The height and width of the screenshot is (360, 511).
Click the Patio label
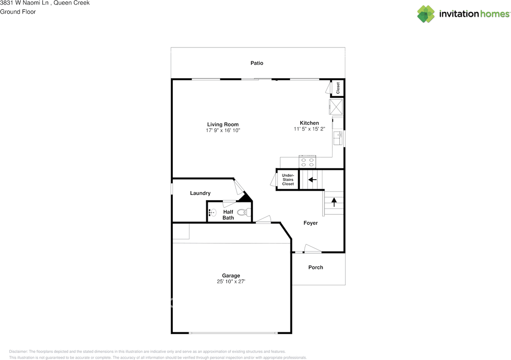click(257, 63)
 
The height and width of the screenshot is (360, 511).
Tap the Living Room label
click(223, 125)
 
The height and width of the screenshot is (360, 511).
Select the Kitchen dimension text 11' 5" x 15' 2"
click(309, 129)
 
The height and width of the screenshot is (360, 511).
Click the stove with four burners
click(307, 162)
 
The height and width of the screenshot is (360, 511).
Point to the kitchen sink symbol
click(338, 138)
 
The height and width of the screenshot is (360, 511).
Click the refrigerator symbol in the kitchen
click(336, 107)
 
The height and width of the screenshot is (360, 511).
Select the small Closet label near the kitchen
click(338, 88)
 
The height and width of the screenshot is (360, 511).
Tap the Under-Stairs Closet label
click(288, 180)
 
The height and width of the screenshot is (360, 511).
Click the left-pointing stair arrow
click(312, 180)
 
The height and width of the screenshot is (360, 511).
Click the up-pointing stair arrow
click(334, 202)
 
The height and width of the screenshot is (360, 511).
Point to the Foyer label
click(311, 223)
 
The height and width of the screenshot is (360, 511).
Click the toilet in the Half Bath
click(243, 212)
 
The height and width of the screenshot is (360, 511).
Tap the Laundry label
click(200, 193)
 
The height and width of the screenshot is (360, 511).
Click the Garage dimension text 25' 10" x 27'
click(231, 281)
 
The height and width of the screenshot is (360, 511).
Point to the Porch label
click(315, 267)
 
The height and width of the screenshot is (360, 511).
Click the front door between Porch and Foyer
click(313, 249)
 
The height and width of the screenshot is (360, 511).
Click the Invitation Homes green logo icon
click(426, 14)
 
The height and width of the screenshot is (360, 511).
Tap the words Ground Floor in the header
click(18, 12)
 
